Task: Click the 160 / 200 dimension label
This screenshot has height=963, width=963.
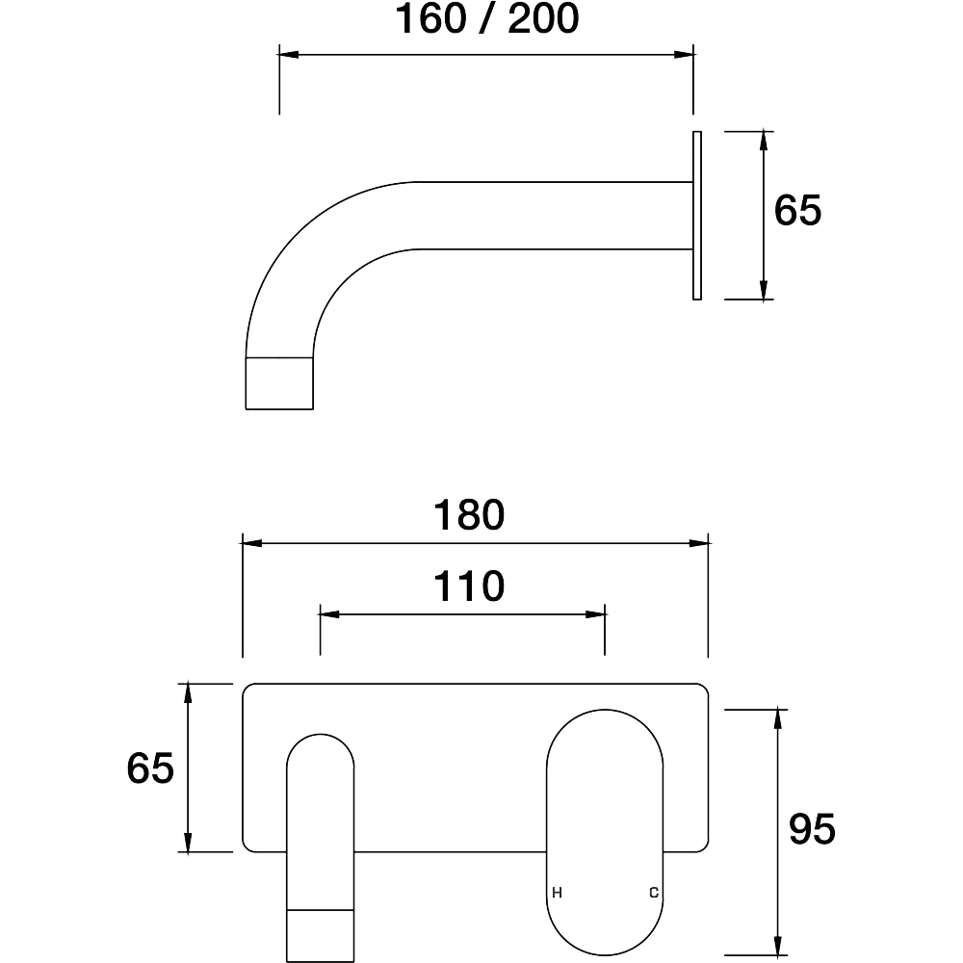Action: (486, 18)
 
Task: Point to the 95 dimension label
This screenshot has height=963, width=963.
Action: (812, 828)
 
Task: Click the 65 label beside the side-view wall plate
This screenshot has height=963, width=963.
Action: (797, 210)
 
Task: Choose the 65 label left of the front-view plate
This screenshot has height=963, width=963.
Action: (150, 768)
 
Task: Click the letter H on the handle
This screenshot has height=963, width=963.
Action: (557, 893)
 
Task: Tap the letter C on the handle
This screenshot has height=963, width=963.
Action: (654, 893)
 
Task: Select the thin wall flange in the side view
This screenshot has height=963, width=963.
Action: (697, 216)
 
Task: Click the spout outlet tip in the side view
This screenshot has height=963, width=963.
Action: (279, 383)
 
